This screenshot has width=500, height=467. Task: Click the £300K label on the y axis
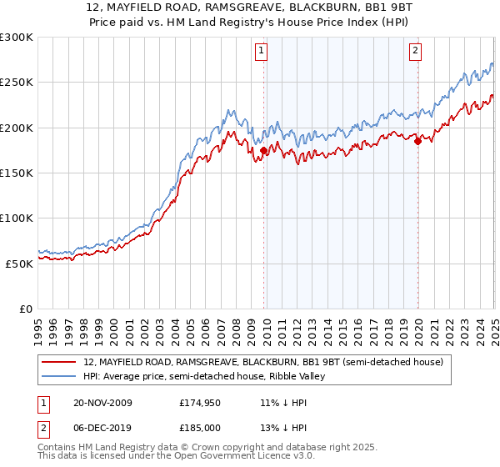17,38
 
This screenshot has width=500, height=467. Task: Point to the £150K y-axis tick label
17,173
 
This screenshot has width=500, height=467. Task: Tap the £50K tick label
20,263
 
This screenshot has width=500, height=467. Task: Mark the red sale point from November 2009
264,151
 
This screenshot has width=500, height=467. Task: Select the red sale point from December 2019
417,142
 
